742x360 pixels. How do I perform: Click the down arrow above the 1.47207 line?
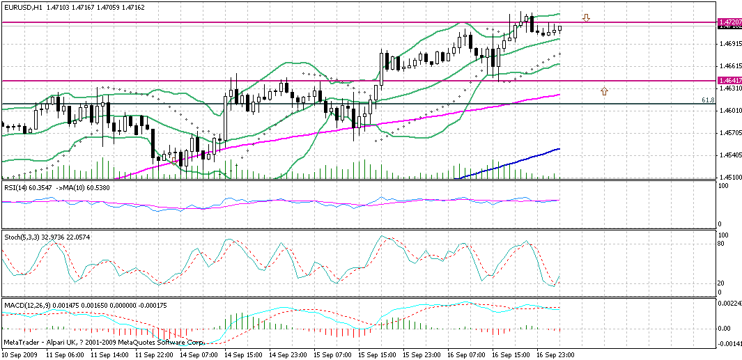pos(587,17)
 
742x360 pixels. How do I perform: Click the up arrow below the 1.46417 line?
pos(604,91)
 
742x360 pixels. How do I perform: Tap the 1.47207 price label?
pos(728,23)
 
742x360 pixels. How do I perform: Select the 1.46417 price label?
pos(728,81)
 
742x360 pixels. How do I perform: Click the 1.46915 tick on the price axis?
pos(728,45)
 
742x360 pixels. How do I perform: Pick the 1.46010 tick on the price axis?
pos(728,111)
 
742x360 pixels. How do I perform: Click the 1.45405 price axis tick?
pos(728,155)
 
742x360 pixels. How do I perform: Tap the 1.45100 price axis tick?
pos(728,177)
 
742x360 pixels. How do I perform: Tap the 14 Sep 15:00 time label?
pos(245,354)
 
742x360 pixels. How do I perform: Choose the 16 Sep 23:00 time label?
pos(557,354)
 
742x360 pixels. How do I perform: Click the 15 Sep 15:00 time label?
pos(378,354)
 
